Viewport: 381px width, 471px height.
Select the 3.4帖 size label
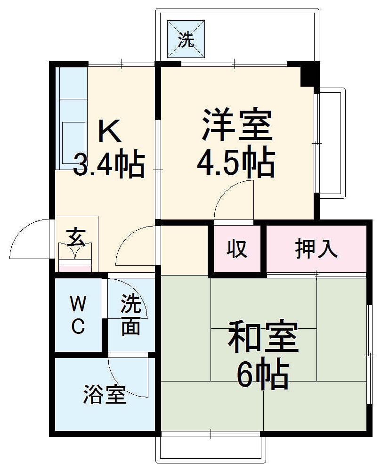(x=109, y=163)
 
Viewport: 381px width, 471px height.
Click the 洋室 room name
(x=237, y=125)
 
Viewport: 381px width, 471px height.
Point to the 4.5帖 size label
(x=235, y=163)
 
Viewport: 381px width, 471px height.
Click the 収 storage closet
(x=237, y=249)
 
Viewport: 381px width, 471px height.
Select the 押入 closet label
(x=316, y=249)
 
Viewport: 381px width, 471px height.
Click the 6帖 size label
(x=262, y=375)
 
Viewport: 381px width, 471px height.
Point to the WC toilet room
(x=78, y=315)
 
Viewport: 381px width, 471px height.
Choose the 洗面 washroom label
(x=130, y=315)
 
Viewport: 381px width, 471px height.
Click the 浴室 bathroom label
(x=105, y=395)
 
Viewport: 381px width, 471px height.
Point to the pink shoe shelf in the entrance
(x=74, y=268)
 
